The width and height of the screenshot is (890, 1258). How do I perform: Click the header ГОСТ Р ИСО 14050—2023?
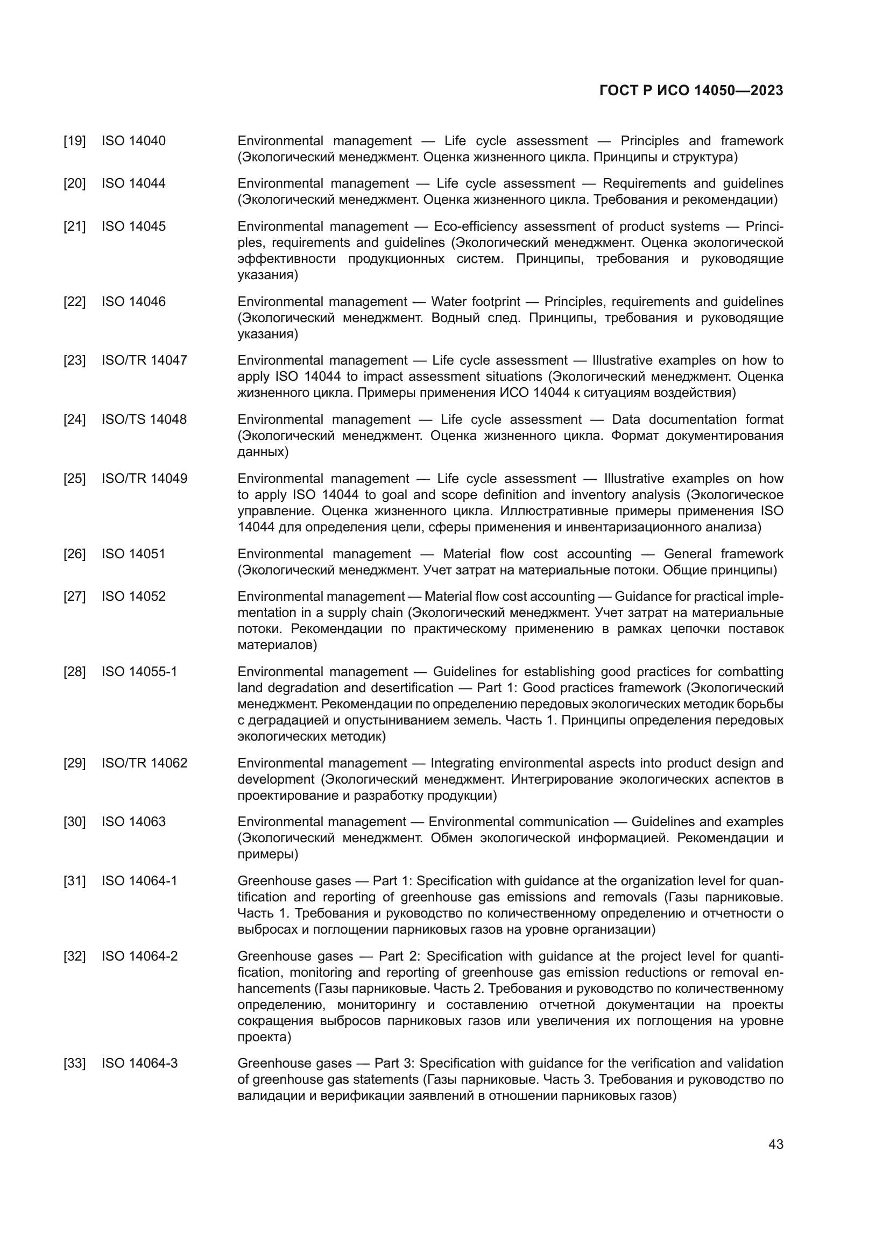point(691,91)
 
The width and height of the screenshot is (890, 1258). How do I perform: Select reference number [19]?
point(75,141)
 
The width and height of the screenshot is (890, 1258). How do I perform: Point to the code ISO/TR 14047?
point(144,360)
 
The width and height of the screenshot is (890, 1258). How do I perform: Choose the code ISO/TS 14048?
point(144,419)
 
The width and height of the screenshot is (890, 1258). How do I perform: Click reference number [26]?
point(75,554)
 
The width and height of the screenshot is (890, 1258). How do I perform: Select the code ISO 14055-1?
point(139,672)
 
